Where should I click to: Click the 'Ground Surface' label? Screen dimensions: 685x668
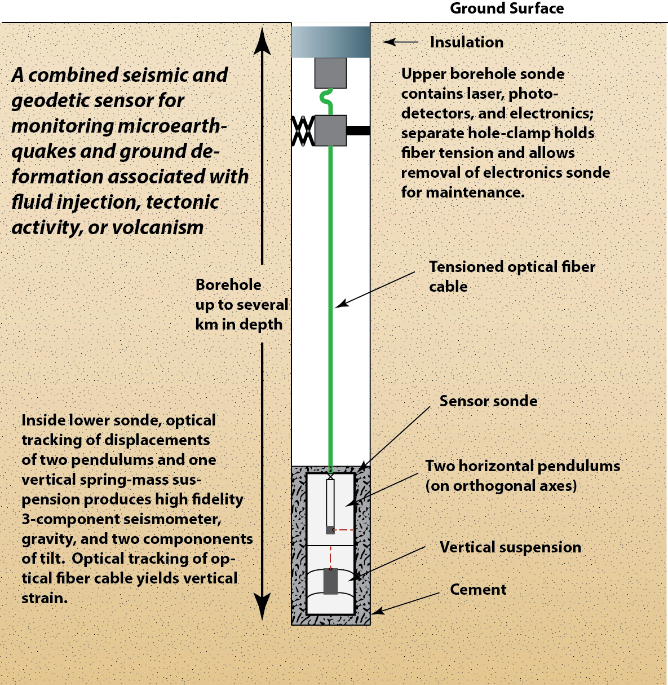click(x=506, y=8)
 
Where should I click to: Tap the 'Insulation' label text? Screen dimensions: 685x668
click(x=466, y=42)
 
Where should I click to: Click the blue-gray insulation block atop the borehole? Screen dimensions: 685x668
click(x=331, y=42)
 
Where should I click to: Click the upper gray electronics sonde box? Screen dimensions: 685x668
click(x=330, y=73)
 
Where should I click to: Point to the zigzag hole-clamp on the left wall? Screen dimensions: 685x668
click(x=303, y=131)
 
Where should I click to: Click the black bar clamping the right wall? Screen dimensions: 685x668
click(x=358, y=131)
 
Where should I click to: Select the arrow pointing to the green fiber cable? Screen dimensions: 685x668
click(x=375, y=289)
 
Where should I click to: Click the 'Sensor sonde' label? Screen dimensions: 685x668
click(x=488, y=401)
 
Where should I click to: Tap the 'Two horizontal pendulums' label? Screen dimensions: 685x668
click(x=522, y=466)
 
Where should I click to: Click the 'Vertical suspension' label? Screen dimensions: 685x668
click(x=510, y=547)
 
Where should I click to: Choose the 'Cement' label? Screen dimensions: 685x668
click(x=478, y=590)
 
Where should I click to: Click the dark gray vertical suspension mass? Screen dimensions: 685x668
click(x=330, y=581)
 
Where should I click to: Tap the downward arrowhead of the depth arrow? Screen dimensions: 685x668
click(x=262, y=607)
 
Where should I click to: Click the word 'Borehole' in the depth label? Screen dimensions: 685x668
click(x=228, y=285)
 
